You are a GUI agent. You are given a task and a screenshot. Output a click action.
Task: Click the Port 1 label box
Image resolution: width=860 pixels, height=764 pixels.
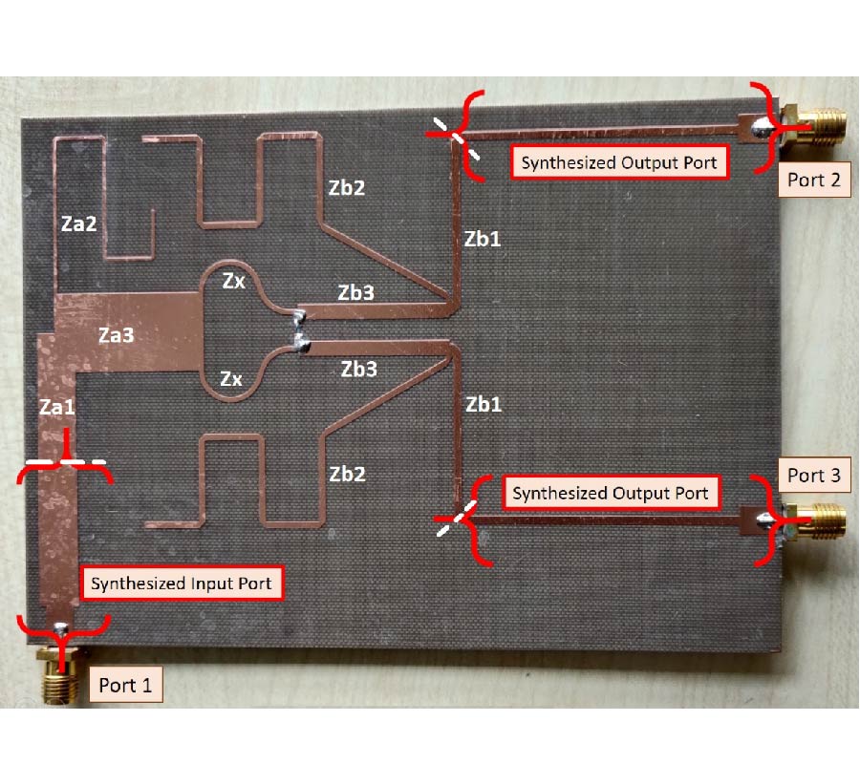point(125,684)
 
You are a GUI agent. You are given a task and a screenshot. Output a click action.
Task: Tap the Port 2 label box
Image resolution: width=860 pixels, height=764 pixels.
point(814,180)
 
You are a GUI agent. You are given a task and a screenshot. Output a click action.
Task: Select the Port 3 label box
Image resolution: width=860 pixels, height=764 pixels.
point(814,475)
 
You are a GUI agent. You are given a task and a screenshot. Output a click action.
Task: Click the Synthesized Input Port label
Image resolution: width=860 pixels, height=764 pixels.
point(182,584)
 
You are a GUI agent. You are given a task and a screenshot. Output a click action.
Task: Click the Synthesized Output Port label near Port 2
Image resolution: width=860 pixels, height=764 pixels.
point(619,162)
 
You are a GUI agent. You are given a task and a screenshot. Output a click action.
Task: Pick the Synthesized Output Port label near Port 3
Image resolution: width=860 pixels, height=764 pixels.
point(611,493)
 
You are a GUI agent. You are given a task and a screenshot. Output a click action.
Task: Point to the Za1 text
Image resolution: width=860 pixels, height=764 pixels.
point(56,407)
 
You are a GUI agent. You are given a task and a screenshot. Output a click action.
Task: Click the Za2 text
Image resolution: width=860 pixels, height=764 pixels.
point(78,223)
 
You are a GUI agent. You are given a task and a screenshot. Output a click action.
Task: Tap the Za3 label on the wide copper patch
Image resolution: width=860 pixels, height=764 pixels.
point(116,335)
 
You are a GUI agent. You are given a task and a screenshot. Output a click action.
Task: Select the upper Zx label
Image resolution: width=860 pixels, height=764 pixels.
point(234,281)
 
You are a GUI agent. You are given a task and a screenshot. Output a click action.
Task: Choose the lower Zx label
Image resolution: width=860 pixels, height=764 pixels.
point(231,379)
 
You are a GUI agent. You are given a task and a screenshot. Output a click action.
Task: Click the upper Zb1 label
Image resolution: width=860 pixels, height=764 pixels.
point(483,239)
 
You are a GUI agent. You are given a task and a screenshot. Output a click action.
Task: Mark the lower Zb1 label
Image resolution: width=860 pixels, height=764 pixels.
point(484,405)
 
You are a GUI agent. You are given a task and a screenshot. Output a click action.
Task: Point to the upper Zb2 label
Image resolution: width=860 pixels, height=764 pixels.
point(347,188)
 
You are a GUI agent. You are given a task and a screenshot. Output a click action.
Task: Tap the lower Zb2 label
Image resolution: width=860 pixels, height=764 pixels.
point(347,474)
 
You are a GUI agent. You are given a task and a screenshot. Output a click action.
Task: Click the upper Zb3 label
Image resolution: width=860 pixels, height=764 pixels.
point(356,292)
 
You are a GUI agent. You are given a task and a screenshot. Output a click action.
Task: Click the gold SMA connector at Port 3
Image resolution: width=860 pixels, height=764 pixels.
point(816,521)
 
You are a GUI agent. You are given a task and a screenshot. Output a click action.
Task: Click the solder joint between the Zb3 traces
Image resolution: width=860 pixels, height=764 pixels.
point(299,330)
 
